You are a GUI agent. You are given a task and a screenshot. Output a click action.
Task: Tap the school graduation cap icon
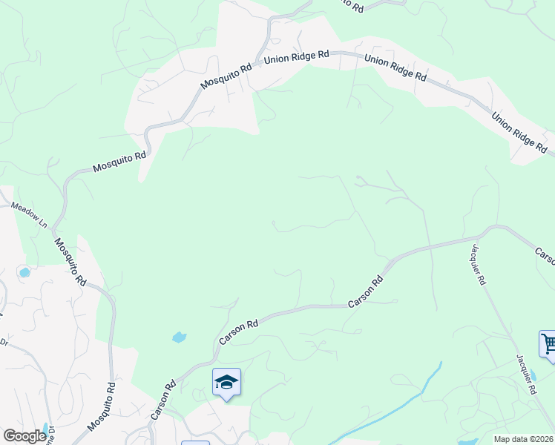(x=226, y=382)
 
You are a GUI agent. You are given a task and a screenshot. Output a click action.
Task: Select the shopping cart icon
(x=548, y=344)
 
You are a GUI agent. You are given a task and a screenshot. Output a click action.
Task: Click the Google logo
(x=24, y=436)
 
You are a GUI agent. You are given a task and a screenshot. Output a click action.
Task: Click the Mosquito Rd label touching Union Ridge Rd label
(x=226, y=76)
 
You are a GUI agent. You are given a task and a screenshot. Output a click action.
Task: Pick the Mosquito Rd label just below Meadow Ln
(x=70, y=260)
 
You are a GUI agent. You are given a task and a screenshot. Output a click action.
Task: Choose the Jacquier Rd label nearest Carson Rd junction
(x=476, y=264)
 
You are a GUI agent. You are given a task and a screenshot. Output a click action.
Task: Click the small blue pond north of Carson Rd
(x=179, y=337)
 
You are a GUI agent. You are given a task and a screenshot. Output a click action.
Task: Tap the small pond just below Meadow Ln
(x=24, y=272)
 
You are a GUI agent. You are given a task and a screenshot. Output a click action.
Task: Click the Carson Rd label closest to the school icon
(x=164, y=400)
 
